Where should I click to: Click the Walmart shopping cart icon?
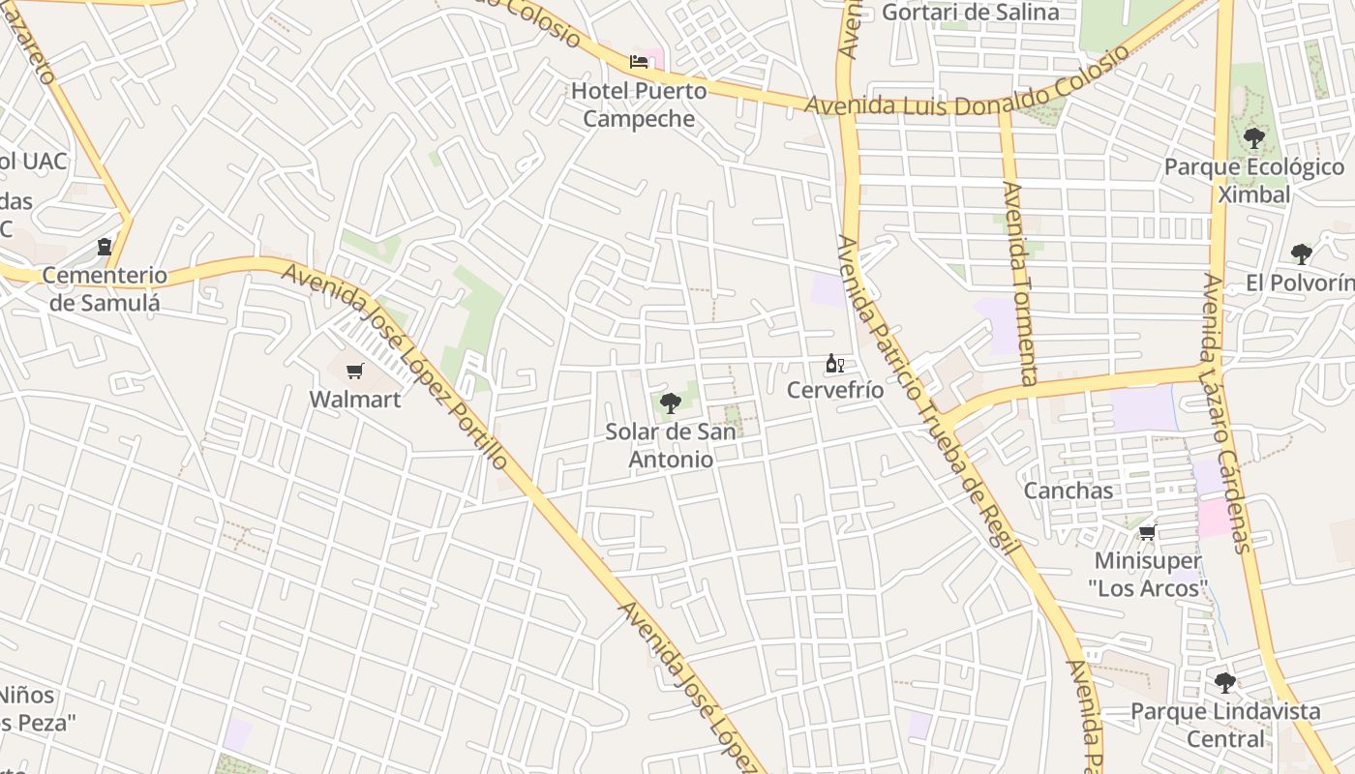coord(355,371)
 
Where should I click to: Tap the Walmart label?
coord(355,399)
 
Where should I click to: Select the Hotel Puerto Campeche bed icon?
coord(639,62)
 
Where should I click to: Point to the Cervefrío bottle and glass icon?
coord(834,364)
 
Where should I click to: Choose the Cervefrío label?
coord(835,391)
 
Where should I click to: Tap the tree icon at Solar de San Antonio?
coord(670,403)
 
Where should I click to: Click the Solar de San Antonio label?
coord(671,445)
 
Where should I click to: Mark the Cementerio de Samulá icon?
coord(105,248)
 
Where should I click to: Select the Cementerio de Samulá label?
coord(105,288)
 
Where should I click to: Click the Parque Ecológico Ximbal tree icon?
coord(1254,138)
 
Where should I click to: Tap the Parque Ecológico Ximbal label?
coord(1254,180)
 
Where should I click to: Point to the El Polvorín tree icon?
coord(1302,254)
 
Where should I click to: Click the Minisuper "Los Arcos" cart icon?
coord(1148,532)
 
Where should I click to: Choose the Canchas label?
coord(1069,491)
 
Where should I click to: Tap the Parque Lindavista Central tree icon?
coord(1225,683)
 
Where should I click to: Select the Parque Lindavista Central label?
coord(1225,725)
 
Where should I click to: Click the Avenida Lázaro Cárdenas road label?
coord(1227,411)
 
